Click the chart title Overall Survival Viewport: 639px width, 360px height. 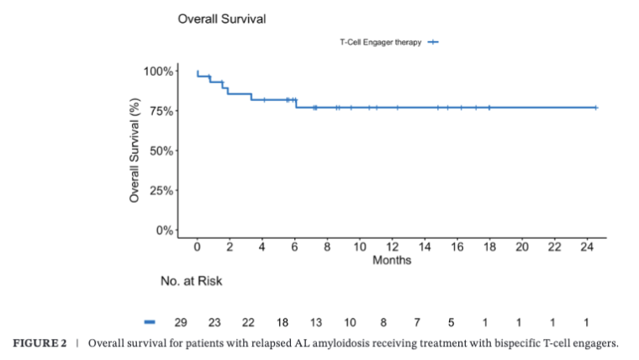(x=222, y=19)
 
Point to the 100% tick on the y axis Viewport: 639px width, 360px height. (x=159, y=71)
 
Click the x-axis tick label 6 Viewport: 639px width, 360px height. (x=294, y=247)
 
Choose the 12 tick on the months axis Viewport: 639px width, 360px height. (x=392, y=247)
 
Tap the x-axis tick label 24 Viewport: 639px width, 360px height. (x=587, y=247)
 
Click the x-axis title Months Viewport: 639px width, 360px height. (x=392, y=261)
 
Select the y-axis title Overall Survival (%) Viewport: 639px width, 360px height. (x=135, y=151)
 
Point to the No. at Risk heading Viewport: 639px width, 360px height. (x=192, y=281)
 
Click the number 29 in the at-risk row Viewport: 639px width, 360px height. (x=180, y=322)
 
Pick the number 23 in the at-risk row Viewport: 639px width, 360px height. (x=214, y=322)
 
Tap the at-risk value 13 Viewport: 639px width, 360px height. (x=316, y=322)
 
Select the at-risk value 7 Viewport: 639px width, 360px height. (x=417, y=322)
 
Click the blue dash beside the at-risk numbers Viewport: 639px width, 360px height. (x=151, y=322)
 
